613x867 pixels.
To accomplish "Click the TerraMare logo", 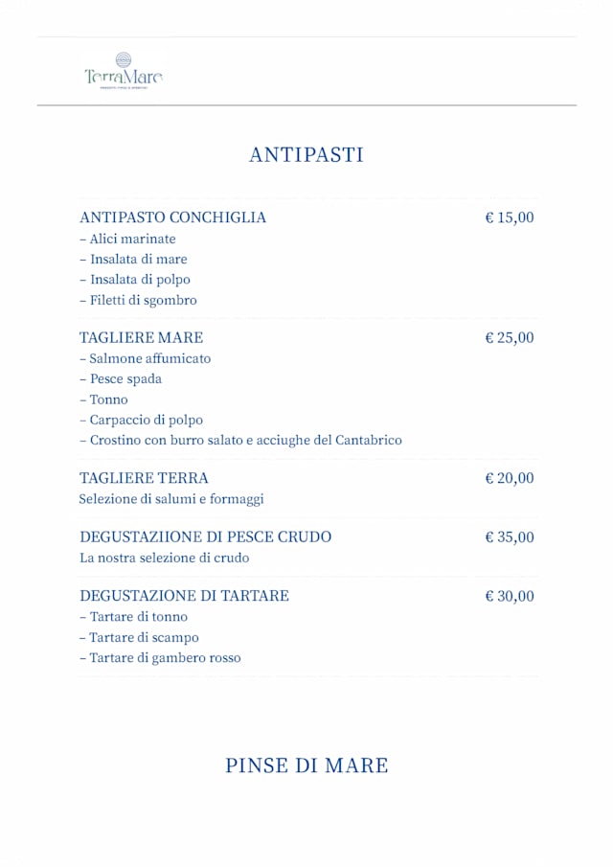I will [123, 71].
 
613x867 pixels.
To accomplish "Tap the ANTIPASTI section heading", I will [306, 155].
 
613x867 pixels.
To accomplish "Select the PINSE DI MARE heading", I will [306, 765].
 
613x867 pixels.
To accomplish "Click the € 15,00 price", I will [510, 217].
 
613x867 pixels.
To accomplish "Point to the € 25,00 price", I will [510, 337].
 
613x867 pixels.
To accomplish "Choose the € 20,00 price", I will [510, 478].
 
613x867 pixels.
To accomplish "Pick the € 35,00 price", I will [510, 536].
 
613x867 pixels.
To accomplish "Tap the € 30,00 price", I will [510, 596].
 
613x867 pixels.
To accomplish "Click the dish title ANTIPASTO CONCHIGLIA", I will [172, 217].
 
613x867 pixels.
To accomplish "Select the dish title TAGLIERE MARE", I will [141, 337].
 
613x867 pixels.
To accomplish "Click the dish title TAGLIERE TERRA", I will [144, 478].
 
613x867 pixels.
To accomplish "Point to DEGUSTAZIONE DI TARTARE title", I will [184, 596].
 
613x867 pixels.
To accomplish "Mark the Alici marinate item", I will [132, 239].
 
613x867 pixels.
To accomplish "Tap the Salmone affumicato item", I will [149, 358].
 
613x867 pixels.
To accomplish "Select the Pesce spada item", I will [125, 378].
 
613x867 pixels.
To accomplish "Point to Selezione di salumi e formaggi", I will [170, 499].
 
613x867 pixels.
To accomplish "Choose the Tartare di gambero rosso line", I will [165, 658].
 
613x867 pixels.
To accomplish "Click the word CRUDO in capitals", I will [304, 536].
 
